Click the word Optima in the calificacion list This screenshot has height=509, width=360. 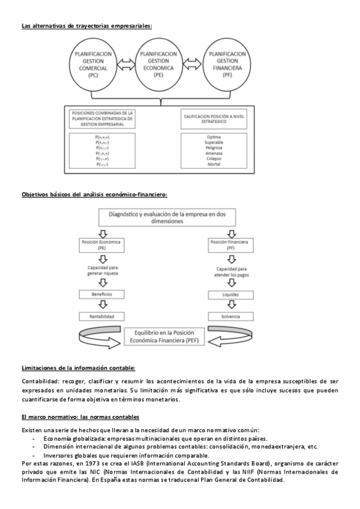click(214, 137)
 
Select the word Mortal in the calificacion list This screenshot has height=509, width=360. click(214, 164)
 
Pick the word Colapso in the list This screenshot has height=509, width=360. click(214, 158)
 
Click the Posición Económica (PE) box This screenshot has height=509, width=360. click(103, 244)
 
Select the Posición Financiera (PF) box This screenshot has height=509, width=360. click(231, 244)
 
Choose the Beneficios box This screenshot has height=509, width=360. click(103, 294)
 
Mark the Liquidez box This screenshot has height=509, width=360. click(231, 295)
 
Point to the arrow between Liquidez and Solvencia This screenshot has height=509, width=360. click(231, 306)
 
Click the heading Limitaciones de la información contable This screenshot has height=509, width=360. click(79, 368)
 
